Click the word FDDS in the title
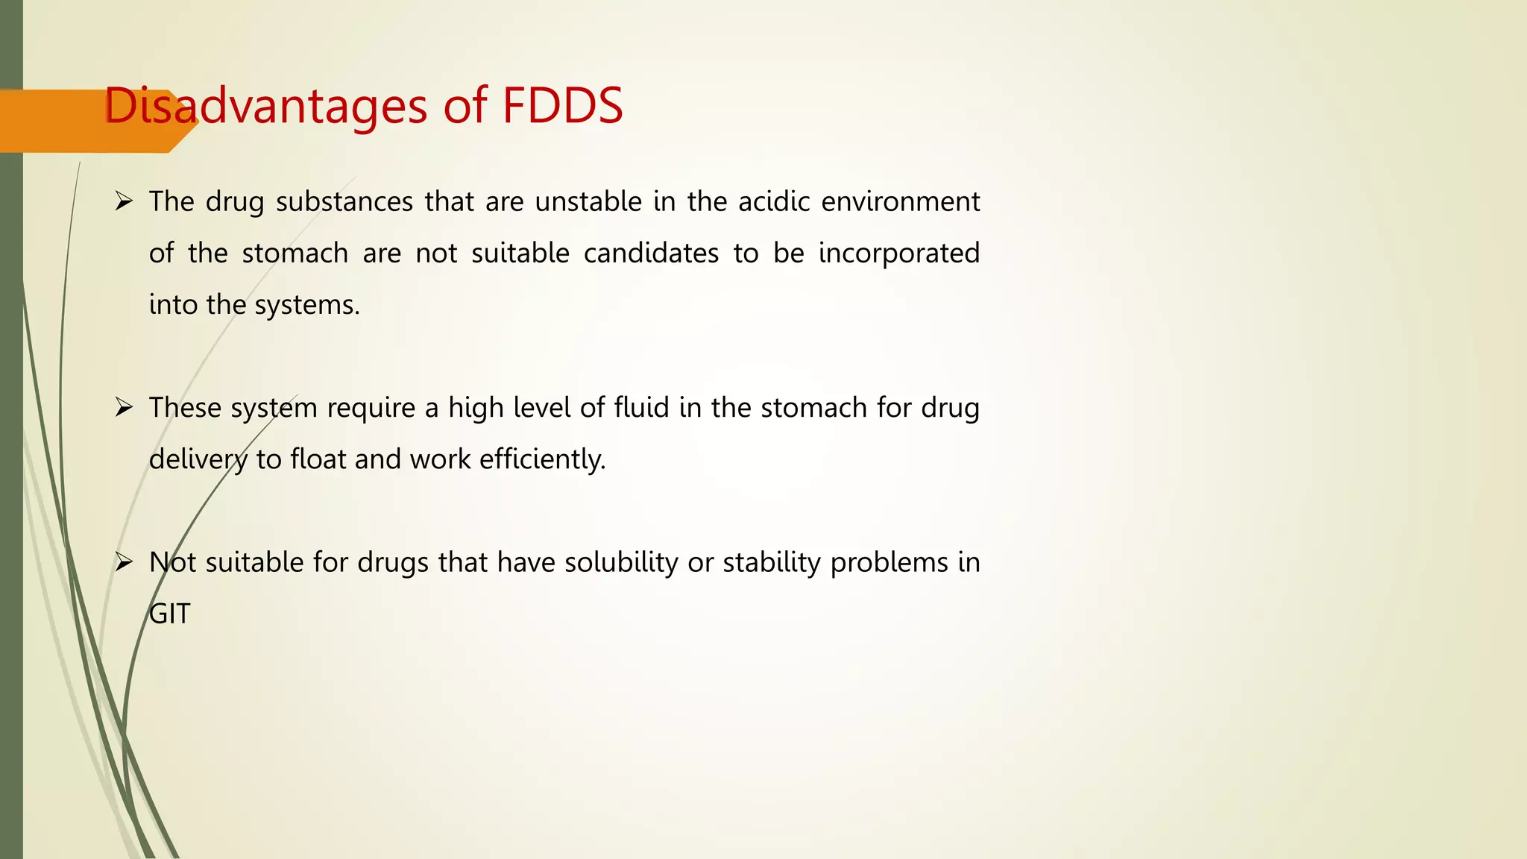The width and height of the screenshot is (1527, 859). tap(562, 105)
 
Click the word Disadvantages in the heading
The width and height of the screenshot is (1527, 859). tap(265, 105)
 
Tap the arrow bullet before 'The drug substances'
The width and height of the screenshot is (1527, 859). tap(124, 201)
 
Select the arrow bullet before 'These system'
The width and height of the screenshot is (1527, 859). tap(124, 407)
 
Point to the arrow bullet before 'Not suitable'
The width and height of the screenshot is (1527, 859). tap(124, 561)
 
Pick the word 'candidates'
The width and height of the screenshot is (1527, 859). tap(651, 253)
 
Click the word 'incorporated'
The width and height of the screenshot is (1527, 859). tap(898, 253)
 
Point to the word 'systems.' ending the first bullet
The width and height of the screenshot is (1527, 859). tap(307, 305)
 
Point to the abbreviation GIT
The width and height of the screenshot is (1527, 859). tap(170, 614)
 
